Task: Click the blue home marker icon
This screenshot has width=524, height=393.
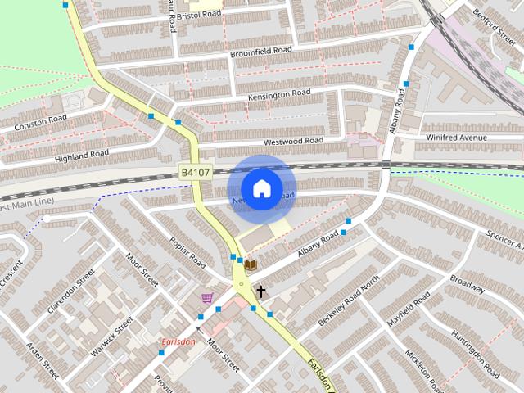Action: tap(261, 189)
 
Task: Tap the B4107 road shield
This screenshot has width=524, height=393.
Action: tap(196, 173)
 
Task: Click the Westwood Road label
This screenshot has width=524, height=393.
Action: tap(294, 141)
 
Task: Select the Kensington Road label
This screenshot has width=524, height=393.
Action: tap(279, 95)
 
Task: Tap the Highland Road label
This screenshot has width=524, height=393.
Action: tap(81, 154)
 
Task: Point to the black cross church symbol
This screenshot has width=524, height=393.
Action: tap(261, 291)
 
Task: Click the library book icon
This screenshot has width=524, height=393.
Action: tap(251, 264)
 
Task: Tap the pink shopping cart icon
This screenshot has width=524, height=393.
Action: tap(208, 298)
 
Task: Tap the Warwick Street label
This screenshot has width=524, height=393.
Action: tap(112, 337)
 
